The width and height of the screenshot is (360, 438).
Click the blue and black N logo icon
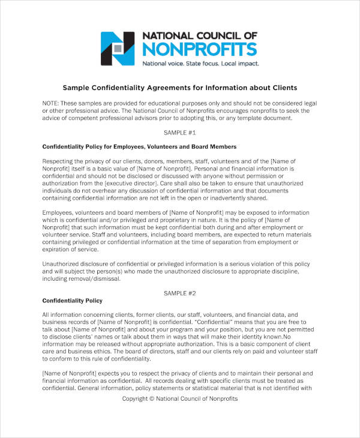point(118,48)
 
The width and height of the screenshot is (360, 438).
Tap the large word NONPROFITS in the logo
point(199,49)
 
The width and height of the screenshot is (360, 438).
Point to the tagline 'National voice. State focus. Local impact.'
point(199,63)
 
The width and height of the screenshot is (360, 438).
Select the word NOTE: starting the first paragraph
point(52,103)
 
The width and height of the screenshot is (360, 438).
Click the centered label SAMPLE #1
point(180,132)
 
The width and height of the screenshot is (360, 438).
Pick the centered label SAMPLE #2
point(180,293)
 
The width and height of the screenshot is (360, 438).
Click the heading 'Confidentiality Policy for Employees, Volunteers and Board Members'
point(139,146)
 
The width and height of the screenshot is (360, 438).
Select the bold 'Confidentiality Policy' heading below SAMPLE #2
point(73,300)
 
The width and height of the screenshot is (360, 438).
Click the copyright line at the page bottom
point(180,398)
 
